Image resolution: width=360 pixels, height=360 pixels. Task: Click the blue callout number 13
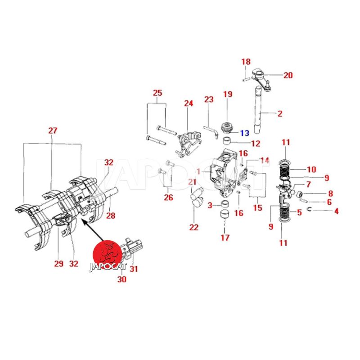(x=244, y=133)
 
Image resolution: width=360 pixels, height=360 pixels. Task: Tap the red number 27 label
(x=53, y=131)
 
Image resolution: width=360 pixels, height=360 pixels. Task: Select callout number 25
(x=157, y=93)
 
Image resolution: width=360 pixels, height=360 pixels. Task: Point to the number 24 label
(x=188, y=103)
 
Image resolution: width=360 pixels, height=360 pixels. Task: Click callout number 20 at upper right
(x=288, y=75)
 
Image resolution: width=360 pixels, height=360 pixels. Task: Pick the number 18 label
(x=246, y=62)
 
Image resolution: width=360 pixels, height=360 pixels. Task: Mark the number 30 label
(x=122, y=279)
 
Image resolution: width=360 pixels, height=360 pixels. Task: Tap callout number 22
(x=193, y=227)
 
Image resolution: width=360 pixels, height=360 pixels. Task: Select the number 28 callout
(x=111, y=216)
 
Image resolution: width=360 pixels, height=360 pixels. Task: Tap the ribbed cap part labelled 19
(x=228, y=126)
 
